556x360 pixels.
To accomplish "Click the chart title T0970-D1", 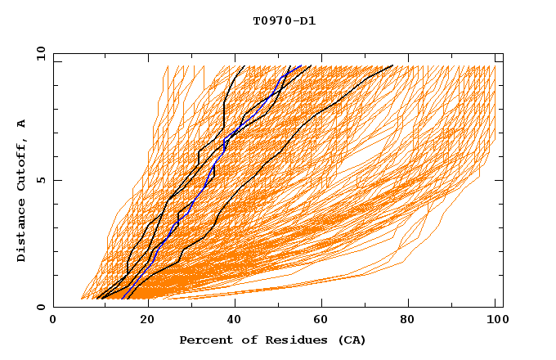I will pyautogui.click(x=284, y=20).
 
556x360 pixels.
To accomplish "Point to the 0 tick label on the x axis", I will pyautogui.click(x=53, y=321).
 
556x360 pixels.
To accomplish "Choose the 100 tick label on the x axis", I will pyautogui.click(x=495, y=321).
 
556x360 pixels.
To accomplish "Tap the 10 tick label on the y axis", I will pyautogui.click(x=38, y=53).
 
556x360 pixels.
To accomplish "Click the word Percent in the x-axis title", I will pyautogui.click(x=204, y=340).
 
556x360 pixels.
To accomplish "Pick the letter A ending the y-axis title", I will pyautogui.click(x=21, y=123).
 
